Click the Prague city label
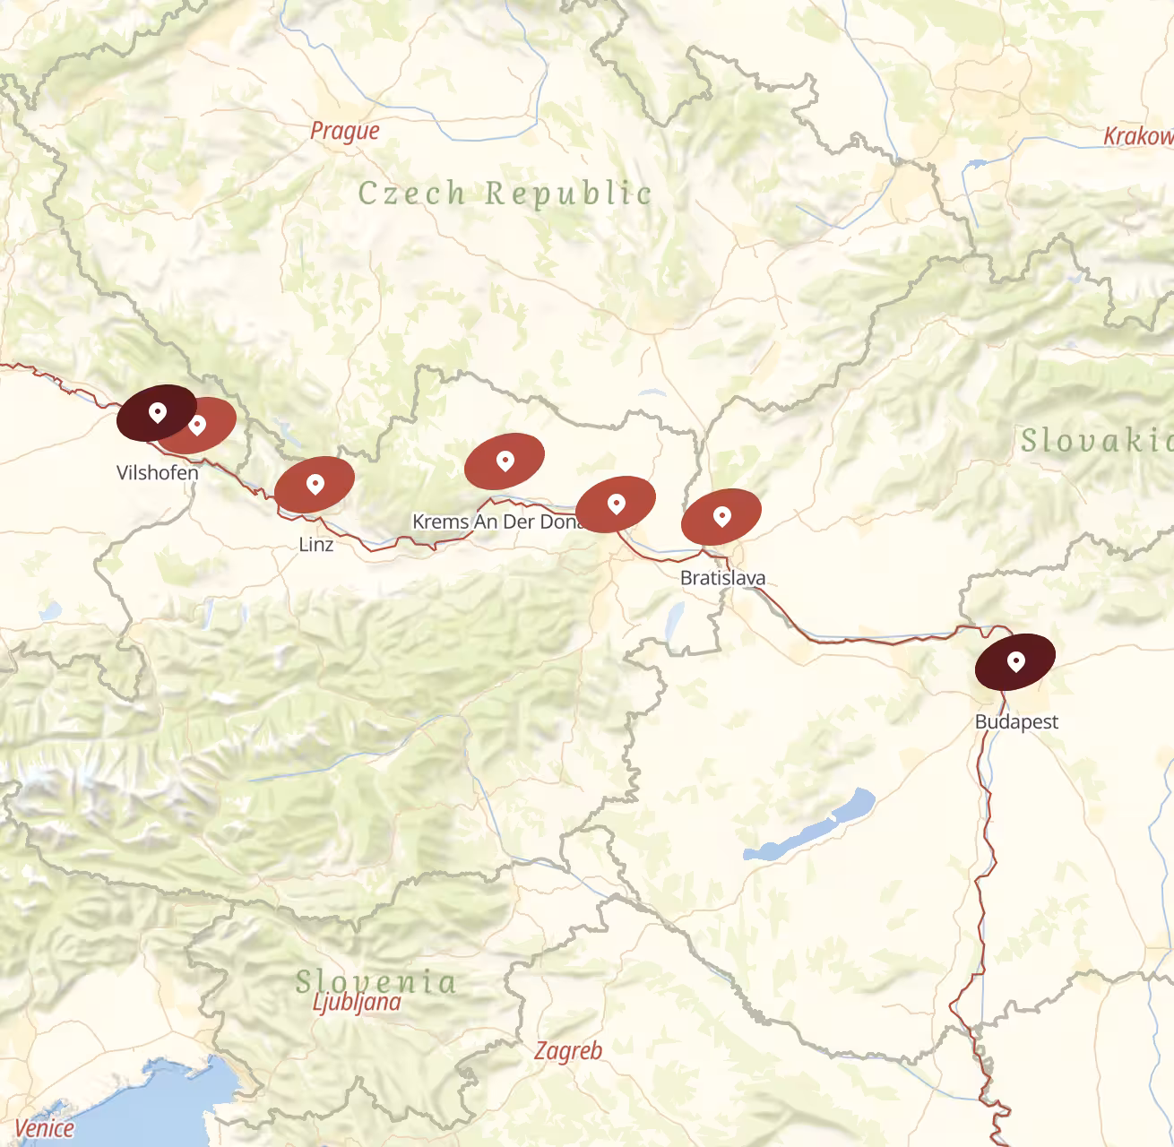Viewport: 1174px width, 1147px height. pyautogui.click(x=345, y=132)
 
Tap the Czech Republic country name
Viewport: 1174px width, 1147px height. pyautogui.click(x=505, y=193)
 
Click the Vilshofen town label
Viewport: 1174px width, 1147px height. pyautogui.click(x=158, y=472)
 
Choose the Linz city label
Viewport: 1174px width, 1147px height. pyautogui.click(x=315, y=544)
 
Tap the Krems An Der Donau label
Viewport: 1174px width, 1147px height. pyautogui.click(x=496, y=522)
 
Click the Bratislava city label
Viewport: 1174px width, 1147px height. pyautogui.click(x=722, y=578)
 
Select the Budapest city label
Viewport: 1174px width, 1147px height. pyautogui.click(x=1016, y=721)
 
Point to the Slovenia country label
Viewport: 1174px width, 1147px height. pyautogui.click(x=376, y=981)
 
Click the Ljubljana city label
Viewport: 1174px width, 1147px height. pyautogui.click(x=357, y=1002)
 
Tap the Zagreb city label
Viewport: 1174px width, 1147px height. pyautogui.click(x=568, y=1050)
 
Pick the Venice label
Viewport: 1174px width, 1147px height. pyautogui.click(x=44, y=1127)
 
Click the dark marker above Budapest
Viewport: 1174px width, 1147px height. pyautogui.click(x=1014, y=661)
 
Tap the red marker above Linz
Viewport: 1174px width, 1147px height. pyautogui.click(x=314, y=484)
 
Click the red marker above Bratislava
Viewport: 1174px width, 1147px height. pyautogui.click(x=721, y=516)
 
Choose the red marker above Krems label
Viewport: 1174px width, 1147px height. pyautogui.click(x=505, y=461)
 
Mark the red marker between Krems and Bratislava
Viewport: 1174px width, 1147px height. pyautogui.click(x=616, y=504)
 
